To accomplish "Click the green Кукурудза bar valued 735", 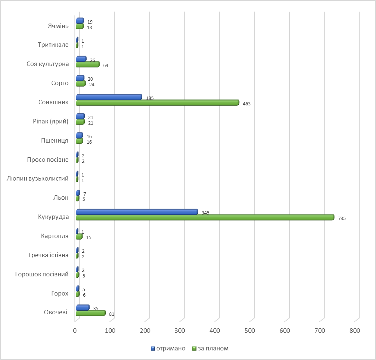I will tap(205, 217).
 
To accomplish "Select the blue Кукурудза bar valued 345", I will tap(137, 212).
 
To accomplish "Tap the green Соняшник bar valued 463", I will tap(157, 103).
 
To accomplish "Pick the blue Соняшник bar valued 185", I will tap(109, 97).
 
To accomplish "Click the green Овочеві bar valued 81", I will tap(91, 313).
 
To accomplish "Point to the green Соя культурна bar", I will tap(88, 64).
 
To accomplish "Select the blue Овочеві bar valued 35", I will tap(83, 307).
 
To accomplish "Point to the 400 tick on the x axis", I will tap(215, 331).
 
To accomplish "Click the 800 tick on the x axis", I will tap(355, 331).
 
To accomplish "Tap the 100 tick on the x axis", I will tap(110, 331).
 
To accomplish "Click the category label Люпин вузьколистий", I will tap(38, 179).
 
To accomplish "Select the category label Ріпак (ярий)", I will tap(51, 121).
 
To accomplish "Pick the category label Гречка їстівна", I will tap(48, 255).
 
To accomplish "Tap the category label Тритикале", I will tap(53, 45).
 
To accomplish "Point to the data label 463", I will tap(247, 104).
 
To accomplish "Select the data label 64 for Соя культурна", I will tap(106, 66).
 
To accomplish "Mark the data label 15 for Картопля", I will tap(88, 238).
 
